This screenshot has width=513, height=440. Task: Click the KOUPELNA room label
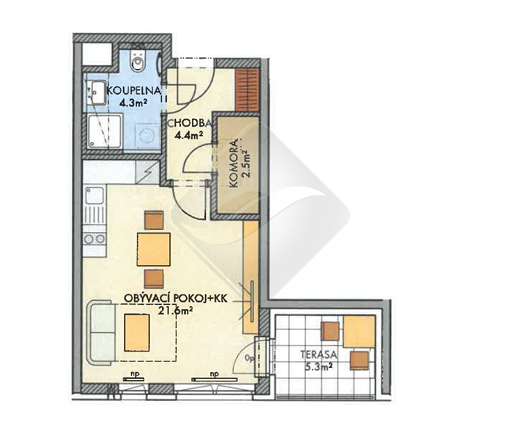(x=134, y=90)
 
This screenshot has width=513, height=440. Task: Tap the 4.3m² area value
(x=133, y=103)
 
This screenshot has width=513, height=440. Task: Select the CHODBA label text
(x=190, y=123)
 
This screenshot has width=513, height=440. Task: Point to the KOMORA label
(x=234, y=164)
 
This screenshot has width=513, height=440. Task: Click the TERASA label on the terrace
(x=319, y=354)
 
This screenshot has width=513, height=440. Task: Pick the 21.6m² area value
(x=175, y=309)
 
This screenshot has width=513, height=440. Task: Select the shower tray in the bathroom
(x=105, y=131)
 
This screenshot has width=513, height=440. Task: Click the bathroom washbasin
(x=96, y=92)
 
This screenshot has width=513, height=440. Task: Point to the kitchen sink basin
(x=95, y=196)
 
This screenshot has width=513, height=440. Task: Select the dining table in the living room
(x=153, y=249)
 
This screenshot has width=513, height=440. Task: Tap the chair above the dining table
(x=153, y=220)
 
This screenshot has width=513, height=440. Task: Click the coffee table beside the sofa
(x=137, y=333)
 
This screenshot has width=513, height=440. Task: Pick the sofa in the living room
(x=101, y=332)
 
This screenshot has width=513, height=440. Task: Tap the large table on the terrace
(x=359, y=331)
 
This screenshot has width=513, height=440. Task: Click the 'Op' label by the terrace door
(x=249, y=358)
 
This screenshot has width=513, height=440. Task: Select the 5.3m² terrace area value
(x=319, y=367)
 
